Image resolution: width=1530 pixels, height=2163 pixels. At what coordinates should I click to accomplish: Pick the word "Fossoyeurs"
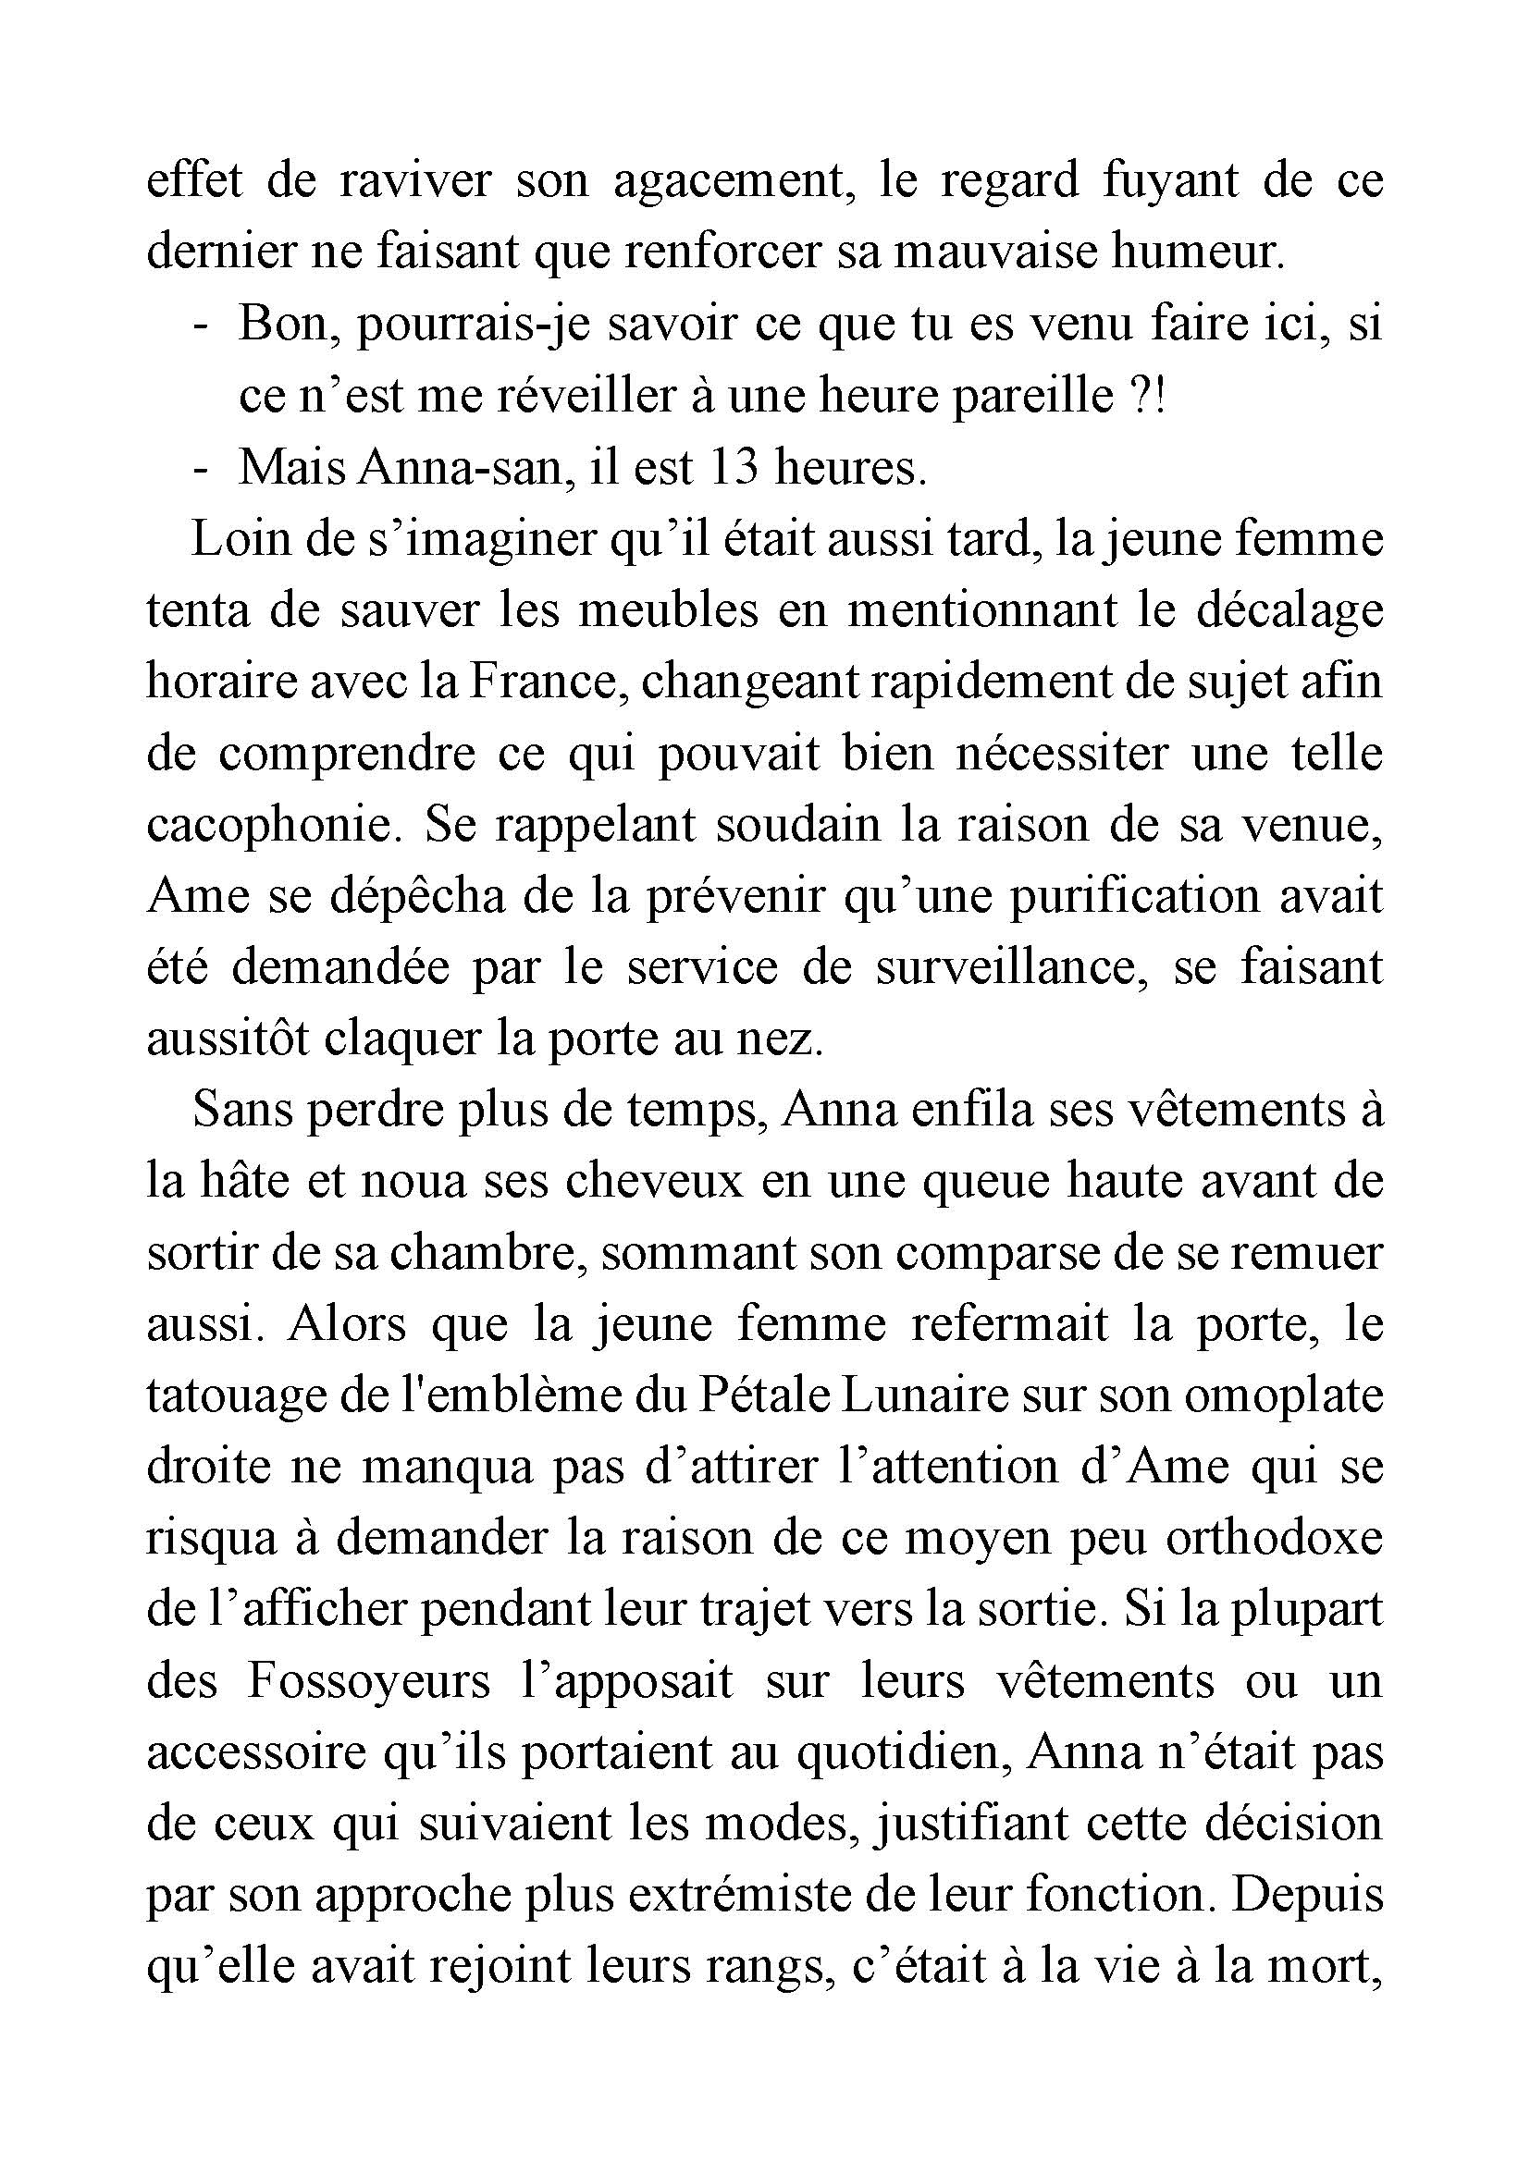[x=368, y=1683]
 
